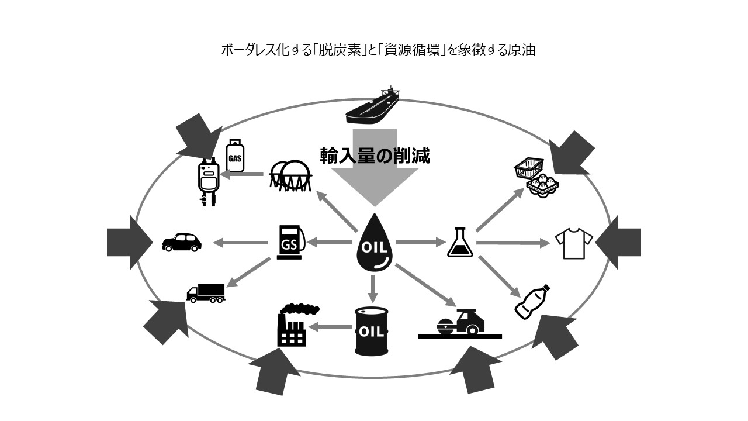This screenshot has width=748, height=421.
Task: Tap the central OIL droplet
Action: pos(375,244)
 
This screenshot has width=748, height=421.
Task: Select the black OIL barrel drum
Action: pos(372,331)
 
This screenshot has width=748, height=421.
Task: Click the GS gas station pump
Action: pos(290,242)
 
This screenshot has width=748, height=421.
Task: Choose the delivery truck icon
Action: pos(206,292)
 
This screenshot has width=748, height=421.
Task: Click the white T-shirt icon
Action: pos(573,243)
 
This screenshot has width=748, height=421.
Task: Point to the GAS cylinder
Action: pos(234,156)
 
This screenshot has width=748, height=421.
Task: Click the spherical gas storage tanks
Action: pos(290,174)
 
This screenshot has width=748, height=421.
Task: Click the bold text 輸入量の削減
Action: pos(375,156)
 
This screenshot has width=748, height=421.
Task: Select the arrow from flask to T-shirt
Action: pos(514,242)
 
